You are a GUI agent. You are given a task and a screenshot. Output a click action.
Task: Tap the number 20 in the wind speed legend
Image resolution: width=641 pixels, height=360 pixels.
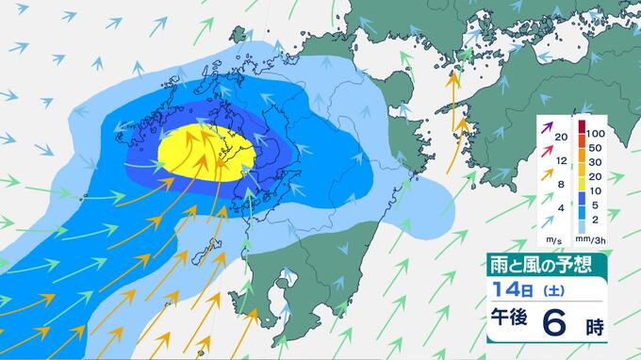pos(561,138)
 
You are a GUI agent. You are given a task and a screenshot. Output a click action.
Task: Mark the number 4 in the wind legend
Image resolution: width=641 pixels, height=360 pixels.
pos(561,207)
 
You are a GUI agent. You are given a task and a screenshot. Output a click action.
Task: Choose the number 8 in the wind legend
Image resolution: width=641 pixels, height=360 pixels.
pos(561,184)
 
